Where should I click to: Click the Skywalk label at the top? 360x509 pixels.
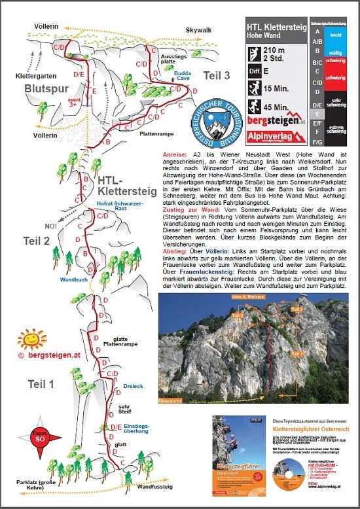(199, 31)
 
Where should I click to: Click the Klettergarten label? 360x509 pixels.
(33, 76)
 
